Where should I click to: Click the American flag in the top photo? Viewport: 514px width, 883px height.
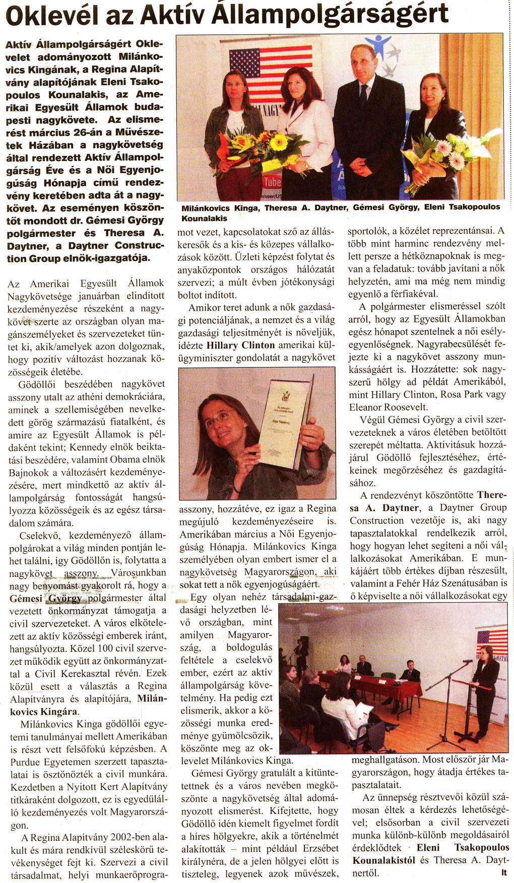271,65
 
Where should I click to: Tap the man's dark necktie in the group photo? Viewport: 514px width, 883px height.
363,96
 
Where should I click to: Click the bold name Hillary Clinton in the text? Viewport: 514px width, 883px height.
241,345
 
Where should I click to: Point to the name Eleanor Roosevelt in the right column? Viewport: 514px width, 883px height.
388,407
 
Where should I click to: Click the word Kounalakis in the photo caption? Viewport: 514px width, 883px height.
204,218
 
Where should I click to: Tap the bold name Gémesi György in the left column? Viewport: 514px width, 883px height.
45,599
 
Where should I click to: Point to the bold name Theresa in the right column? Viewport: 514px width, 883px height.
493,495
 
